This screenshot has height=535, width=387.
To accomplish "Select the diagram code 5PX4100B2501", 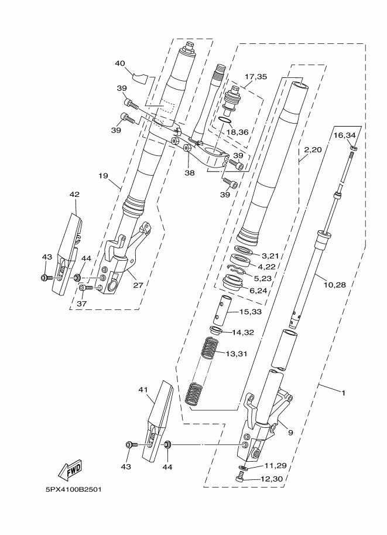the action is pos(73,490).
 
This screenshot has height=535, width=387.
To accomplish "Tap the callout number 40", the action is pos(119,63).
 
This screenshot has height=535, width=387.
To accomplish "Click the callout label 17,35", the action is pos(256,77).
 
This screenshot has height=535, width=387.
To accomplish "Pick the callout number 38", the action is pos(190,173).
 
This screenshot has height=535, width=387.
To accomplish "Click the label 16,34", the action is pos(344,135).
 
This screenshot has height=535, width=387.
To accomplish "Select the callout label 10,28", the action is pos(334,285).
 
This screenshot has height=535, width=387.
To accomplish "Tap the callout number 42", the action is pos(74,195).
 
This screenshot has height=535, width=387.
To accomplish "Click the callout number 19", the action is pos(103,176).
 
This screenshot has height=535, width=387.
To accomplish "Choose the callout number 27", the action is pos(138,285).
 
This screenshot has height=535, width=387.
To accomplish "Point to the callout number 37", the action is pos(82,304).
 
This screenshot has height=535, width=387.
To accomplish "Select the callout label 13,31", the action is pos(237,354).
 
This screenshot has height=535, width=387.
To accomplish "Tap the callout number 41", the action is pos(143,389).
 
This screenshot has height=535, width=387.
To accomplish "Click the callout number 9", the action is pos(290,432).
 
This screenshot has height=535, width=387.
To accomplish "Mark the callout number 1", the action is pos(344,393).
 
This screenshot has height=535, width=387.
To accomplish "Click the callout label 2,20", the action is pos(313,149).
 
